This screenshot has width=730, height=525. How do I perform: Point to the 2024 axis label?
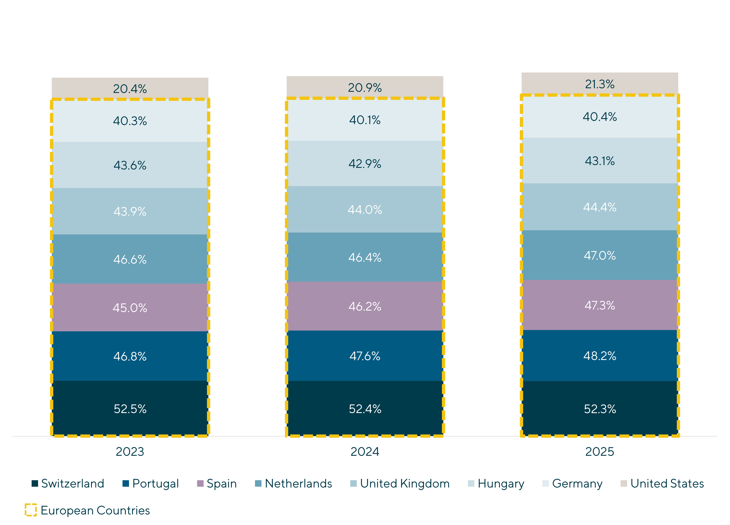tap(365, 452)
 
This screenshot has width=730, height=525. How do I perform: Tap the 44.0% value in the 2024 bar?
tap(365, 210)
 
